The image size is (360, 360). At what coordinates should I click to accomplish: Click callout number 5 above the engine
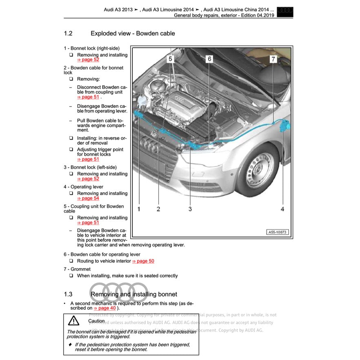(171, 59)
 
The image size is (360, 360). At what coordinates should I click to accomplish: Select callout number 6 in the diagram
(209, 59)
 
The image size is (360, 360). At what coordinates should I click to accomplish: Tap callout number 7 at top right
(273, 59)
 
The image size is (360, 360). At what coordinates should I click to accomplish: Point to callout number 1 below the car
(139, 209)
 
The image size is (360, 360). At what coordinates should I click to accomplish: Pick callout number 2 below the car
(158, 209)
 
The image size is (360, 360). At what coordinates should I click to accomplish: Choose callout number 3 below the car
(190, 209)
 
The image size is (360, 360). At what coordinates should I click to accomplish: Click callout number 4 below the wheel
(282, 209)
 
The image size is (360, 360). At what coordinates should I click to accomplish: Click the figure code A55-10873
(278, 232)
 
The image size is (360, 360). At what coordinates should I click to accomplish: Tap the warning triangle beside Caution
(73, 321)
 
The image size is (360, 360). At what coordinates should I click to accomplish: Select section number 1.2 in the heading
(68, 33)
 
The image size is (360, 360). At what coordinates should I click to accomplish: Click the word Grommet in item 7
(80, 269)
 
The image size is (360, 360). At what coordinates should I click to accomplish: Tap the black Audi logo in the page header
(284, 12)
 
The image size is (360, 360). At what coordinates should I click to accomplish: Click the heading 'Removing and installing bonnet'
(134, 294)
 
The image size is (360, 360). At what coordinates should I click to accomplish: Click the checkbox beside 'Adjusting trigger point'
(71, 150)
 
